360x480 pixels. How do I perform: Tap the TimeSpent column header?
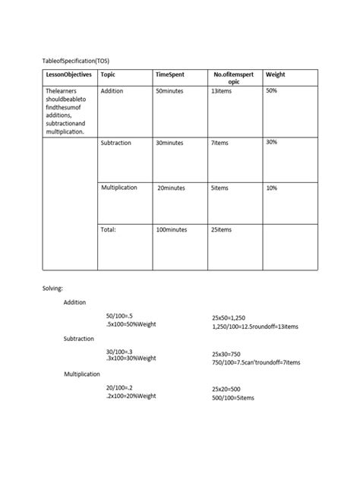click(x=171, y=75)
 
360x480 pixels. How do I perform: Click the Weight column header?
click(x=275, y=75)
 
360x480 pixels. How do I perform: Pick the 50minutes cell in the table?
click(x=169, y=91)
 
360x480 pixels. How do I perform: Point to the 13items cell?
click(x=223, y=91)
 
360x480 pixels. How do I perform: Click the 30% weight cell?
click(x=272, y=142)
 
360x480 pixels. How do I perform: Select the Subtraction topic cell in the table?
click(x=116, y=142)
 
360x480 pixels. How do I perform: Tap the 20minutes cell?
click(x=171, y=188)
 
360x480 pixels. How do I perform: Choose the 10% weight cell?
click(x=272, y=188)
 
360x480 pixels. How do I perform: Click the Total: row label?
click(x=109, y=229)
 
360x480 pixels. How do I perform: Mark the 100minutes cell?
click(x=171, y=229)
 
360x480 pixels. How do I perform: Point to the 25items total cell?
click(x=222, y=229)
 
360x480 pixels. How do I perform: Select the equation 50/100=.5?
click(x=120, y=315)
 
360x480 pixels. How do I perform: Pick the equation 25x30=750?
click(x=226, y=354)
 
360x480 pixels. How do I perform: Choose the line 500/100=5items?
click(x=233, y=398)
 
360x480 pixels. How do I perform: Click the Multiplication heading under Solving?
click(x=85, y=374)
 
